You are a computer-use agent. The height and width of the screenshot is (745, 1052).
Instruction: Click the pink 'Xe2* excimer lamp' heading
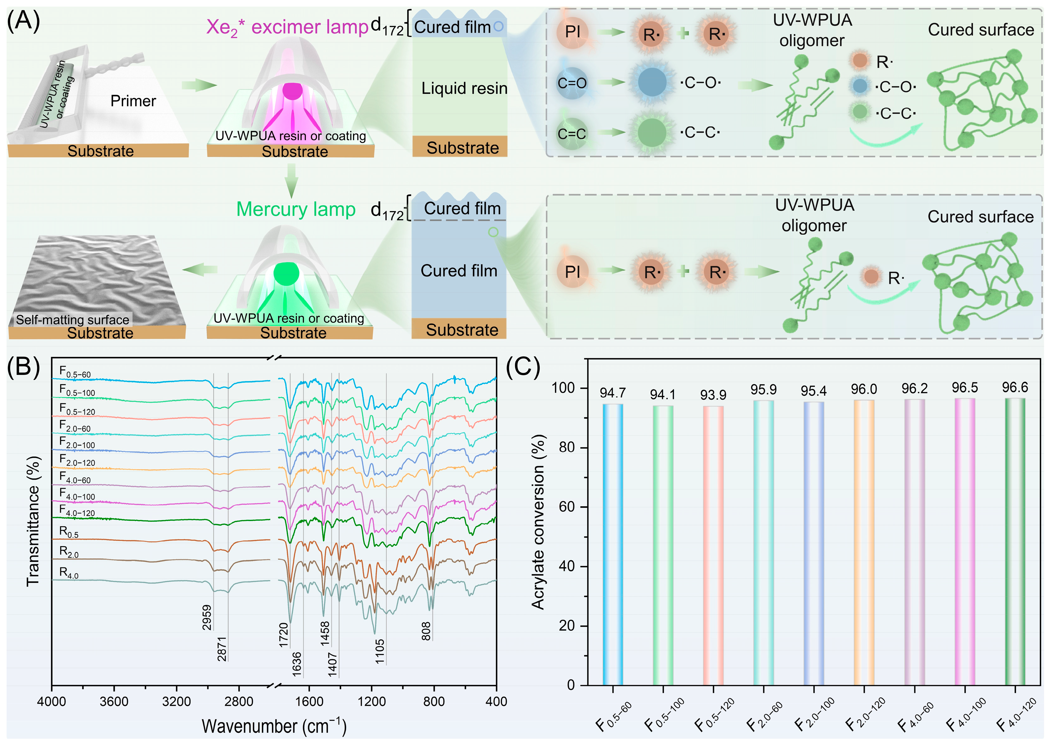[287, 27]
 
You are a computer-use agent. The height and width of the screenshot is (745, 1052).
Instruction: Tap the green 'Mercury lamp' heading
[296, 209]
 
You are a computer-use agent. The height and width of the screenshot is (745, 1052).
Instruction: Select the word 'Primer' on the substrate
[133, 101]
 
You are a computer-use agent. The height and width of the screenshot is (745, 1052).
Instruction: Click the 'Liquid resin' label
[464, 88]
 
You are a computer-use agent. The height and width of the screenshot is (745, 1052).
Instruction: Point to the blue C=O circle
[572, 83]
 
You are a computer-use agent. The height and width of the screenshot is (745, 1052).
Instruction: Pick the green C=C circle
[572, 134]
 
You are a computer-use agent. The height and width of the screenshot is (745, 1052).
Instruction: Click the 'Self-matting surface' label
[72, 319]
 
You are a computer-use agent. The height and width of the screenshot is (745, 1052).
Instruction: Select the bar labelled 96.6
[1015, 541]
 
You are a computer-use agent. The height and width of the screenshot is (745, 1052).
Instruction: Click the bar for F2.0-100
[814, 543]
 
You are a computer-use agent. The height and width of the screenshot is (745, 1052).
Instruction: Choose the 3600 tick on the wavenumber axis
[114, 701]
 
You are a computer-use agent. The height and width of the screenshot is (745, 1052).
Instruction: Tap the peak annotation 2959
[207, 617]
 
